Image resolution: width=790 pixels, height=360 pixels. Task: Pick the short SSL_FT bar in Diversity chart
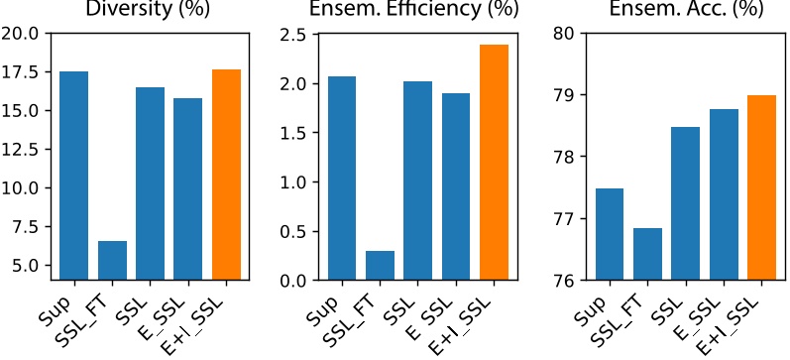pyautogui.click(x=111, y=260)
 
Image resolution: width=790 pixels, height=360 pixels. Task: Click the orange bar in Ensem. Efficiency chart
pyautogui.click(x=495, y=163)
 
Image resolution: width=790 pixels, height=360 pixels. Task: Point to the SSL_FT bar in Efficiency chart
pyautogui.click(x=379, y=266)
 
